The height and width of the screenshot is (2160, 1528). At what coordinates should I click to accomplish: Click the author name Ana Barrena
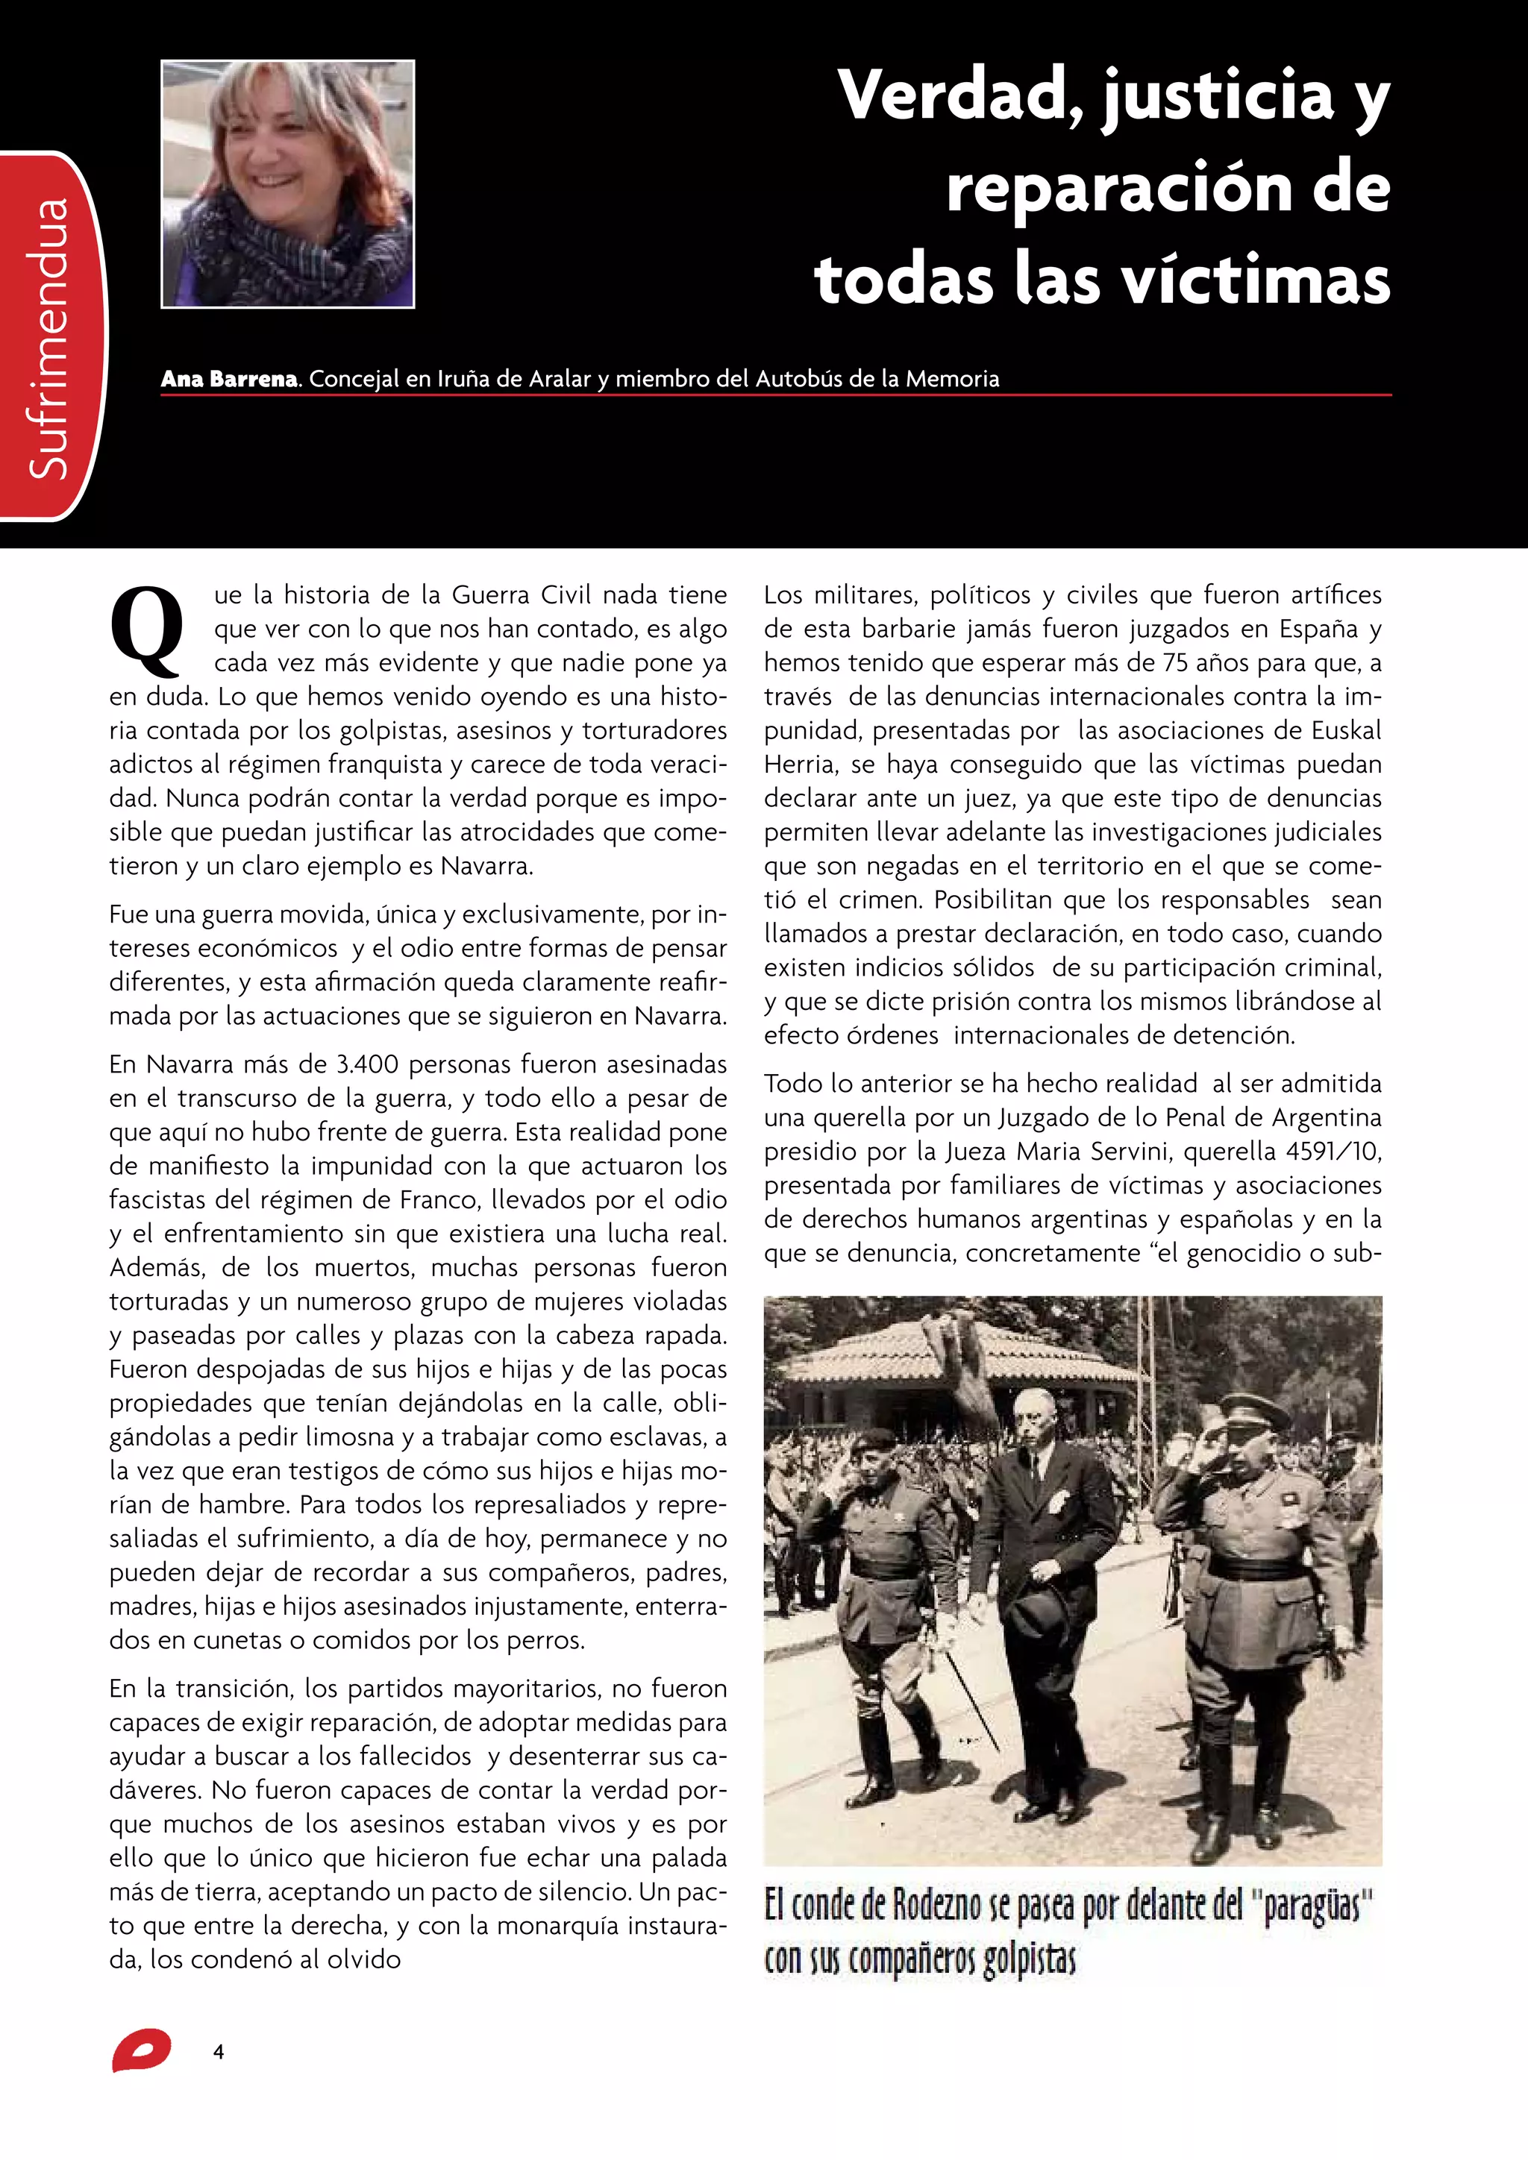[228, 379]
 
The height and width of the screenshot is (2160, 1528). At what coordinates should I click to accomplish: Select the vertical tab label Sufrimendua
[50, 337]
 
